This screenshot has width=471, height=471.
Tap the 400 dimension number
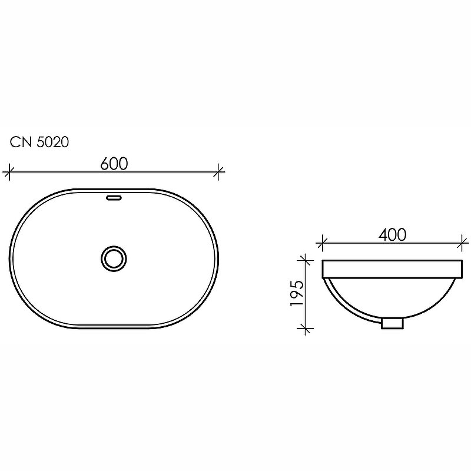click(393, 234)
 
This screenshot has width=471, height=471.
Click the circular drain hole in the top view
click(114, 257)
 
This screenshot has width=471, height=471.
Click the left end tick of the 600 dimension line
click(8, 172)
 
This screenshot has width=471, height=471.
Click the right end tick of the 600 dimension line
click(219, 172)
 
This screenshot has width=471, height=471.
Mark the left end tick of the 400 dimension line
click(322, 241)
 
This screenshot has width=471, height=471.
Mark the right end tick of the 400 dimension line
click(463, 241)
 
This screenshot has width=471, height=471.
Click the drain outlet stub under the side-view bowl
click(392, 323)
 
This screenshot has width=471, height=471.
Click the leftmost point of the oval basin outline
click(11, 257)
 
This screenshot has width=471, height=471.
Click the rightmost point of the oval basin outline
click(220, 257)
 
